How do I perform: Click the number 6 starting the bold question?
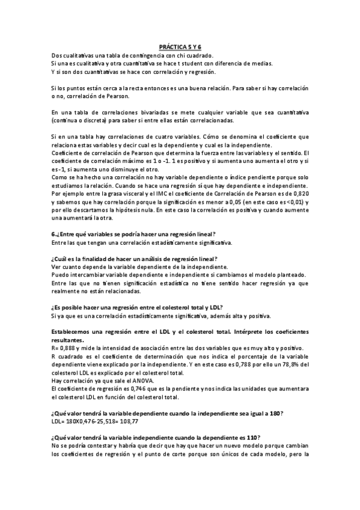coord(53,234)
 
